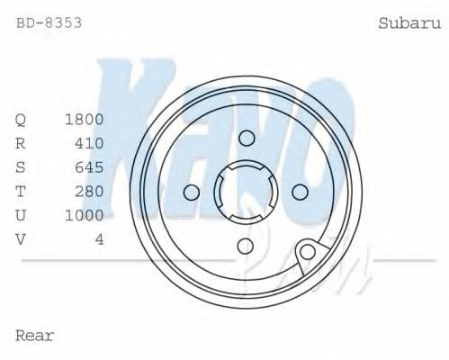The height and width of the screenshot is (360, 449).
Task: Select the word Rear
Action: [35, 336]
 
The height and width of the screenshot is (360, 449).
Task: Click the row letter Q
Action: [21, 120]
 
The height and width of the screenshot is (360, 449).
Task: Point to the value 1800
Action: [85, 120]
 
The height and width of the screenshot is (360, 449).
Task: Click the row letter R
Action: [21, 143]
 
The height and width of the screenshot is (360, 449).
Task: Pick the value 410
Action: [89, 143]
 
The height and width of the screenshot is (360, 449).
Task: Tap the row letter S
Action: [21, 167]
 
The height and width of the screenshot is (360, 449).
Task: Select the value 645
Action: [89, 167]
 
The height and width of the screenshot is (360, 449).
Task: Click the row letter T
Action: [21, 191]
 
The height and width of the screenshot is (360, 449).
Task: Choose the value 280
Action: [89, 191]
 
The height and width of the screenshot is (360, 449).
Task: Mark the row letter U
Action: [21, 215]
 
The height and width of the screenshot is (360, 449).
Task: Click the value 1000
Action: [85, 215]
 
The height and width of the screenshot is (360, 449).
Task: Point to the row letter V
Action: [21, 238]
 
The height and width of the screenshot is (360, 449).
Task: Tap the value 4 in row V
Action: [99, 238]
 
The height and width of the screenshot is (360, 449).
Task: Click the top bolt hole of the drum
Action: [247, 137]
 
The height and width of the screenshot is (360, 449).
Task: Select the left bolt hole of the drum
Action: [191, 192]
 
